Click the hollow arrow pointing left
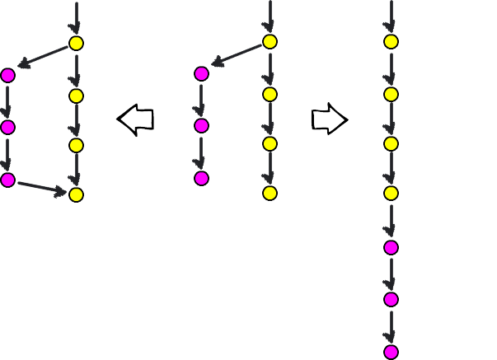coord(136,119)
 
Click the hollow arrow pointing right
coord(329,119)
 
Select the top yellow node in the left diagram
coord(76,44)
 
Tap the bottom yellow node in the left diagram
coord(76,194)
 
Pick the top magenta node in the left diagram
coord(8,75)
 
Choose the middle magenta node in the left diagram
coord(8,127)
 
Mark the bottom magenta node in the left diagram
coord(8,180)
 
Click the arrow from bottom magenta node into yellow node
coord(41,188)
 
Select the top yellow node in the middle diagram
coord(270,42)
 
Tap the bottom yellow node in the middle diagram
coord(270,193)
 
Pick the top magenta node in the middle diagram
coord(201,73)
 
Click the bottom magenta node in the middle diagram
coord(201,178)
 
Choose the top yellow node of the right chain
coord(391,42)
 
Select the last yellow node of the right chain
coord(391,193)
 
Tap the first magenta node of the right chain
coord(391,247)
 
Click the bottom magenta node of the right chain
coord(391,352)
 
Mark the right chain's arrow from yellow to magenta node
coord(391,220)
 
